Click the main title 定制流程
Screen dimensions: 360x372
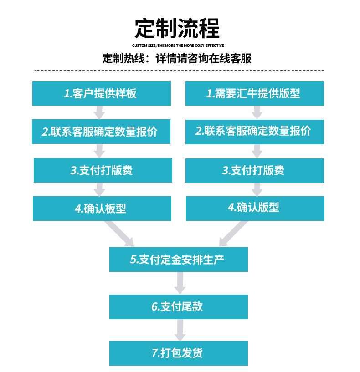click(x=177, y=28)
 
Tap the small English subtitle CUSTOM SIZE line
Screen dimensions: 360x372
click(x=178, y=46)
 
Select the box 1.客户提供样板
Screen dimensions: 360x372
click(x=101, y=93)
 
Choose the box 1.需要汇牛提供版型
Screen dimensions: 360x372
click(x=254, y=93)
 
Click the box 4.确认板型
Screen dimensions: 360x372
click(x=101, y=209)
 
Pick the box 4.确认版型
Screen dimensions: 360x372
click(x=254, y=208)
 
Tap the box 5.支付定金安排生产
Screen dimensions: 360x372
click(x=178, y=260)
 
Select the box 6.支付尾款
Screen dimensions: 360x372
click(x=178, y=306)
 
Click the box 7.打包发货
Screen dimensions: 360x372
click(x=178, y=353)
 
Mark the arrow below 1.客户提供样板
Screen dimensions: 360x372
click(x=100, y=112)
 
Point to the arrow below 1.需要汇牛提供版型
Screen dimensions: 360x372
click(x=257, y=112)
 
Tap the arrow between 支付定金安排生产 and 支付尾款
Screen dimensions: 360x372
click(x=180, y=283)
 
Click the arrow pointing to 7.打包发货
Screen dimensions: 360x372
click(x=180, y=330)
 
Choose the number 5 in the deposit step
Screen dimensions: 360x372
click(x=133, y=260)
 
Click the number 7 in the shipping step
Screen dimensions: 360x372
click(x=154, y=353)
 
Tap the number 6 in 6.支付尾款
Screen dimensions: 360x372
click(x=154, y=306)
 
